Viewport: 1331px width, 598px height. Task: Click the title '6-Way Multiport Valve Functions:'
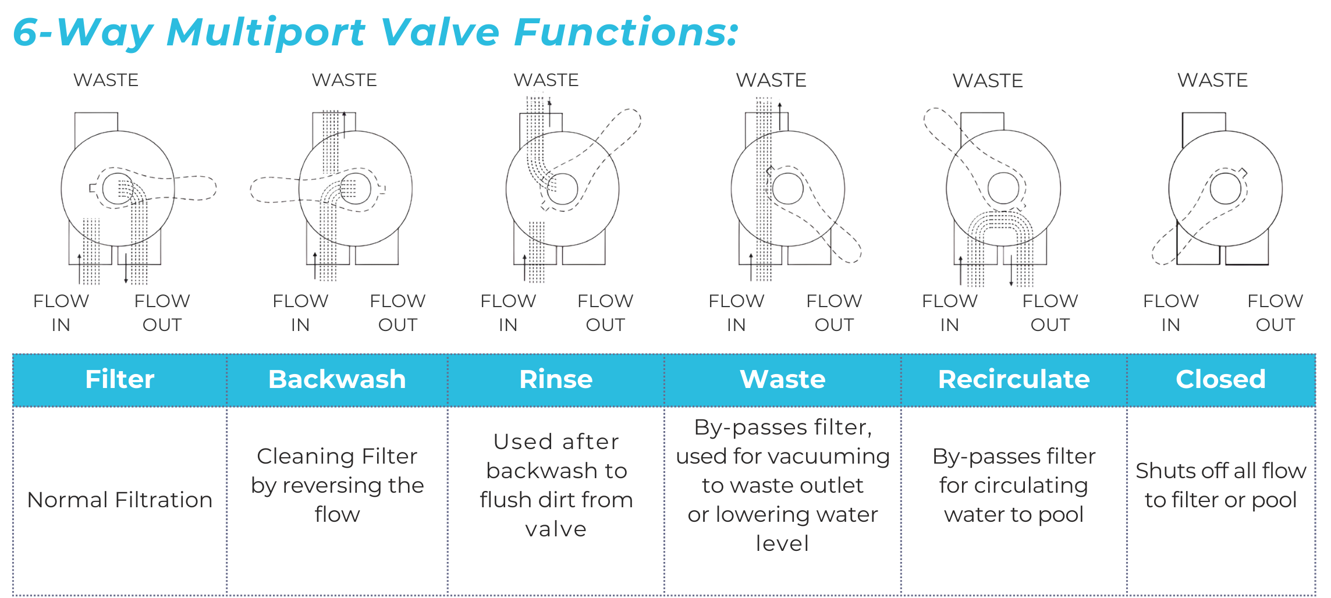click(375, 32)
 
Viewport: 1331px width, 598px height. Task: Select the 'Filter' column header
click(120, 379)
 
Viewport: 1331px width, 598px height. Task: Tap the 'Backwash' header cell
click(337, 379)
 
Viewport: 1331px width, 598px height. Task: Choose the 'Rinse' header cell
click(556, 379)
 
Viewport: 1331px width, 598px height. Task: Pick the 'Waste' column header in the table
click(783, 379)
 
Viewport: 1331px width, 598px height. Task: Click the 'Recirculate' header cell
click(1014, 379)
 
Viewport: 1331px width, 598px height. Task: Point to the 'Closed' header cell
click(1220, 379)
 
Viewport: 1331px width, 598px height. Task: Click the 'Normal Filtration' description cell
click(120, 500)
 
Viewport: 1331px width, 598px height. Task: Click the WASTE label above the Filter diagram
click(106, 80)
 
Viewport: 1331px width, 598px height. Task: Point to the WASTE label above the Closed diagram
click(1213, 80)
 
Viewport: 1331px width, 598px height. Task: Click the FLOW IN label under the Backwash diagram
click(300, 313)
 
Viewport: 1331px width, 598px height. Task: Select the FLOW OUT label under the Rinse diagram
click(605, 313)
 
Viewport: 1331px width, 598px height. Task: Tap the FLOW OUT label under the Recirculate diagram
click(1050, 313)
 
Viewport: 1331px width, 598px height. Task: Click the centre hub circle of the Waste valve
click(788, 188)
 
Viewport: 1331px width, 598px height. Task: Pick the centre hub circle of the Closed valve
click(1225, 188)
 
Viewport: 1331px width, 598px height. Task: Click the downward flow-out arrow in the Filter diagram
click(126, 269)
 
